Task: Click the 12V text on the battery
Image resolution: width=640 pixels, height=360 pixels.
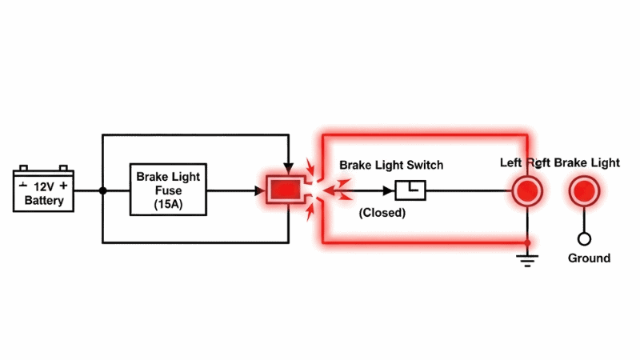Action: click(x=43, y=186)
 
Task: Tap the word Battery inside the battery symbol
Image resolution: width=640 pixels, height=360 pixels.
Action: click(x=44, y=200)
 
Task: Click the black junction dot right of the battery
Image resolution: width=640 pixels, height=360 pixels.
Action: click(x=103, y=191)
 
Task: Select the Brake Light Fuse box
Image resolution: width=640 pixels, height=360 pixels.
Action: click(x=169, y=190)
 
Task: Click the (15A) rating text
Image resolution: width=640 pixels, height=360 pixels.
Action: click(x=169, y=205)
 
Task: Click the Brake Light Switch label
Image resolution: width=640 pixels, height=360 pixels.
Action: click(x=391, y=165)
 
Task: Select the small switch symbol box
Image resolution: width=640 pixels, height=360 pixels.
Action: click(x=411, y=190)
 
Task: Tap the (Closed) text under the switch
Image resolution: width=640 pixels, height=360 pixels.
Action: click(x=382, y=213)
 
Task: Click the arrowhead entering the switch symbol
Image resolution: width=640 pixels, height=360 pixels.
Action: click(x=390, y=191)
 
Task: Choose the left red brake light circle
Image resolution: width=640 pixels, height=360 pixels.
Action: click(x=527, y=191)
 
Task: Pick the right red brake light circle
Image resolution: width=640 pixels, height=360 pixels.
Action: click(x=584, y=191)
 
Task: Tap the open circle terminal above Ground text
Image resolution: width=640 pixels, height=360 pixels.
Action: click(x=585, y=238)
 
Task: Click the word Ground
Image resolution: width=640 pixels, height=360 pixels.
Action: click(x=589, y=258)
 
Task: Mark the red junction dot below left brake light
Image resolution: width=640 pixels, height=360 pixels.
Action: click(x=527, y=241)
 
